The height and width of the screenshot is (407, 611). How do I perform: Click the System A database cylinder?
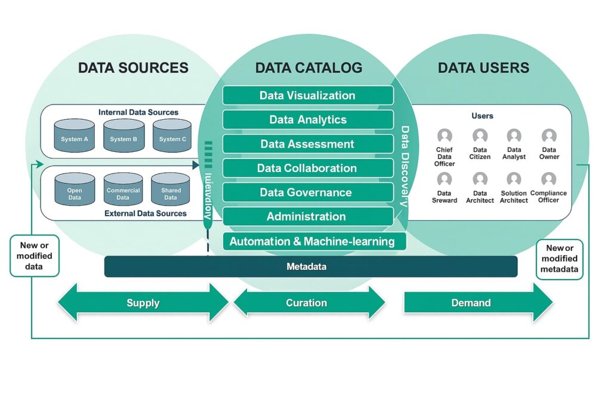pos(75,136)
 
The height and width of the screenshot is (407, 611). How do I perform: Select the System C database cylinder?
pos(172,136)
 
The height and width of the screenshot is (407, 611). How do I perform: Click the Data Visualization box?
pos(308,95)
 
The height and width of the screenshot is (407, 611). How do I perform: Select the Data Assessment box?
pos(308,144)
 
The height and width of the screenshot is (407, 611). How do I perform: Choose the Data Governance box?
pos(308,192)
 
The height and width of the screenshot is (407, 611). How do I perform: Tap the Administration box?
pos(308,217)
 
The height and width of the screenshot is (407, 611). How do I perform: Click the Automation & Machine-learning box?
pos(313,241)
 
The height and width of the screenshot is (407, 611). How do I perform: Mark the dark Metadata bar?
pos(310,266)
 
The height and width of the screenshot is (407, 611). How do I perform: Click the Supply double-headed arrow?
pos(143,303)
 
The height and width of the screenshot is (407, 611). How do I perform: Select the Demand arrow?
pos(477,303)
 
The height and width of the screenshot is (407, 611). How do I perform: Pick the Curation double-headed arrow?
pos(308,303)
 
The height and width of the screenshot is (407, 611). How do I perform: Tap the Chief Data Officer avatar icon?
pos(445,136)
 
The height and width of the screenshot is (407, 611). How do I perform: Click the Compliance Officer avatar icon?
pos(549,179)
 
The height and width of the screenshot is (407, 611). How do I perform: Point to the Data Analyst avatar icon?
pos(514,136)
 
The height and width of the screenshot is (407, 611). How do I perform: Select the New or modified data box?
pos(35,256)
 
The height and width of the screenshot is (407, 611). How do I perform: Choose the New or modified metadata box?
pos(559,259)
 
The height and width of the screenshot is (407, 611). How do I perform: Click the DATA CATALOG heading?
pos(308,68)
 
